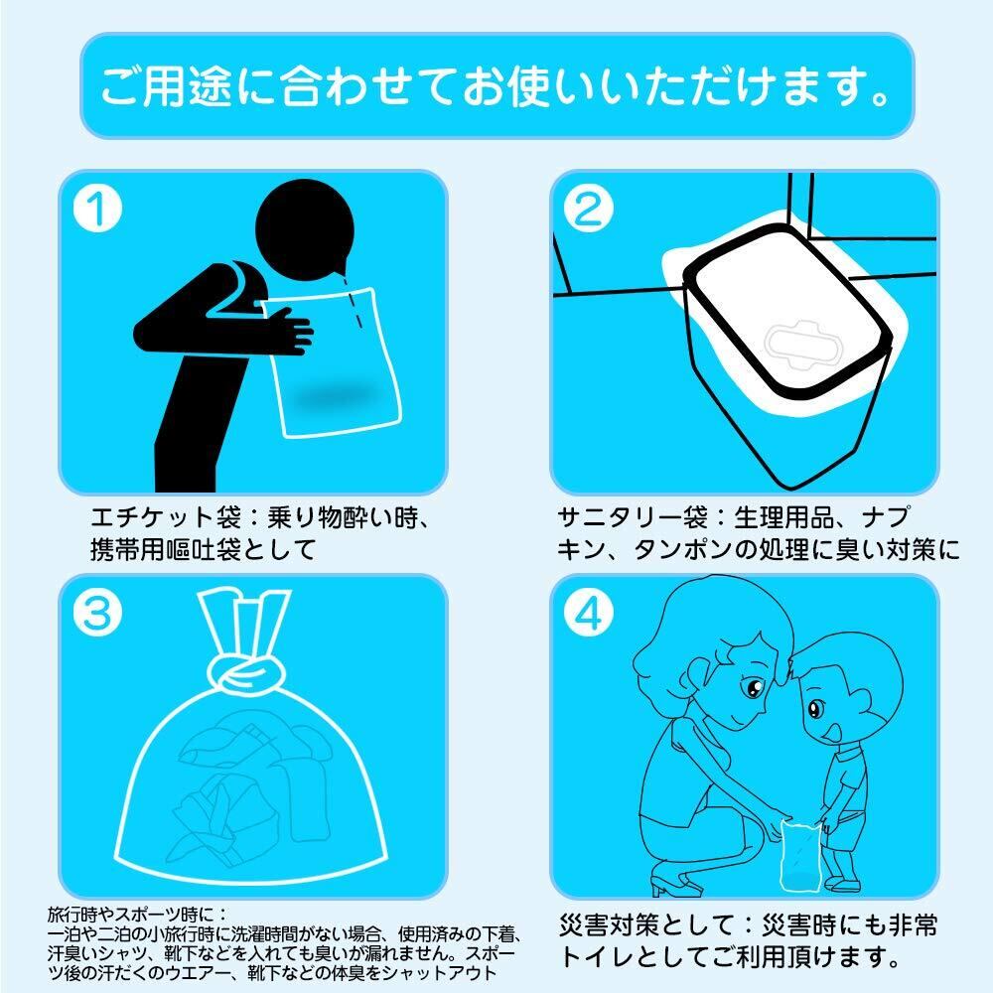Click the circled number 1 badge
coord(97,209)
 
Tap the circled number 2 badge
coord(589,209)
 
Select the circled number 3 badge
coord(97,613)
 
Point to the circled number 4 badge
coord(589,613)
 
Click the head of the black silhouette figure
coord(305,229)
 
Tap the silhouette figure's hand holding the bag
coord(290,330)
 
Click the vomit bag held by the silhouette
coord(333,362)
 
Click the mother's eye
coord(754,687)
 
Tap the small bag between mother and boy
coord(800,855)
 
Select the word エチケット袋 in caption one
coord(165,518)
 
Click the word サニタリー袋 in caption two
coord(632,518)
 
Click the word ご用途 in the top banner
coord(165,86)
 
